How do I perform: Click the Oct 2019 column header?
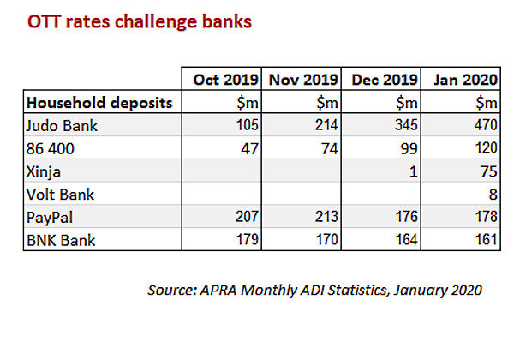click(x=226, y=80)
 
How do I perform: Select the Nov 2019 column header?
click(x=303, y=80)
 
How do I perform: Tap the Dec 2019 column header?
click(x=385, y=80)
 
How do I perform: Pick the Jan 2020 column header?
click(x=465, y=80)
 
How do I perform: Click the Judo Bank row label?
click(x=62, y=126)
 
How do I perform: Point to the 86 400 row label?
click(x=51, y=148)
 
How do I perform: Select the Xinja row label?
click(x=44, y=171)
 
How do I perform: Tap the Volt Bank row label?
click(x=60, y=195)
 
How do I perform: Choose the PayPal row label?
click(x=50, y=218)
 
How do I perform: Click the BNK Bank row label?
click(x=61, y=240)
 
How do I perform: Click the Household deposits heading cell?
click(x=99, y=103)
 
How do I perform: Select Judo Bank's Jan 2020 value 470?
click(x=486, y=125)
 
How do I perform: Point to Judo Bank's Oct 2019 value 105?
click(x=248, y=125)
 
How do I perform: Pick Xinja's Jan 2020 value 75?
click(x=489, y=171)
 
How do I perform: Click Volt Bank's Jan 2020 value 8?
click(x=493, y=195)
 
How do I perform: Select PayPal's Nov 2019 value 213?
click(x=326, y=217)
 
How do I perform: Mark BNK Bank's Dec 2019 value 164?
click(x=406, y=240)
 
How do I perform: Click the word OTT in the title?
click(x=45, y=21)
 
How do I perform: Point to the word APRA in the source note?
click(x=218, y=290)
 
